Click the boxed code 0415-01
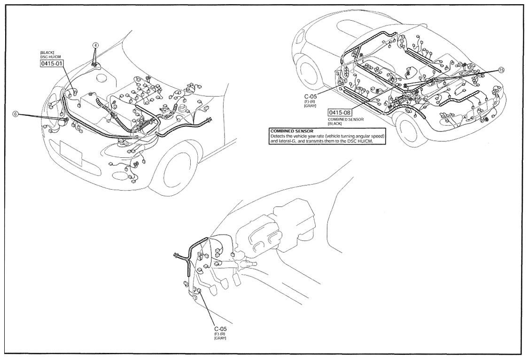52,63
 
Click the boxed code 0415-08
339,113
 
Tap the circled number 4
96,45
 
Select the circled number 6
16,114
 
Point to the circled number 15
501,70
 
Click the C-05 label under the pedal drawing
220,329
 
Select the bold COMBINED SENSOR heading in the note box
292,131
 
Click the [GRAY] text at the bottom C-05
220,338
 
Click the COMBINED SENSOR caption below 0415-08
345,120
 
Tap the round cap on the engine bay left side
102,78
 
